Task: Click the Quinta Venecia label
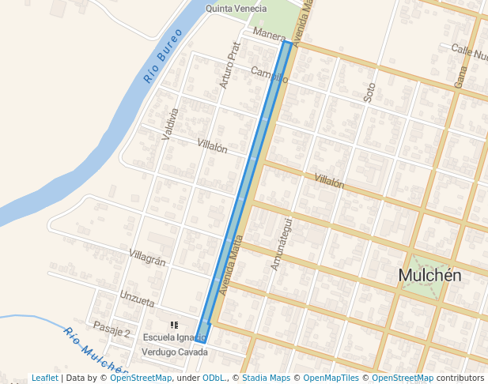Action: (x=236, y=9)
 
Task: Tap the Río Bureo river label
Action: (x=163, y=56)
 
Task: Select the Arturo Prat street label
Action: (x=229, y=65)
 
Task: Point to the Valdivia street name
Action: (x=170, y=124)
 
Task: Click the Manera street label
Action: (x=270, y=36)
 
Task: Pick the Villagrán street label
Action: (x=147, y=257)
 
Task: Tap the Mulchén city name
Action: (x=429, y=275)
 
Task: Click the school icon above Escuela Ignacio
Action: (x=174, y=325)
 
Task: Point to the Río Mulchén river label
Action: (x=94, y=350)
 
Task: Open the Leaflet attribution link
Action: (x=44, y=378)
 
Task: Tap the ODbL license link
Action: (x=213, y=378)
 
